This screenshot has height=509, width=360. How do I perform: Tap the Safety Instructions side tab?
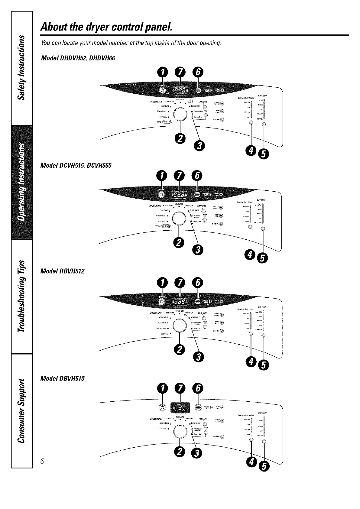click(x=21, y=67)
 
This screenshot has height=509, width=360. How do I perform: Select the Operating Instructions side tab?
click(x=21, y=182)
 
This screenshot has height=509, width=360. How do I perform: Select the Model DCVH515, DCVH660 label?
click(x=76, y=165)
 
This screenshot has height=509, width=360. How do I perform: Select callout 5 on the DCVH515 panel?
click(x=262, y=258)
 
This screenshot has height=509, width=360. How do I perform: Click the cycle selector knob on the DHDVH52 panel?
click(x=180, y=115)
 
